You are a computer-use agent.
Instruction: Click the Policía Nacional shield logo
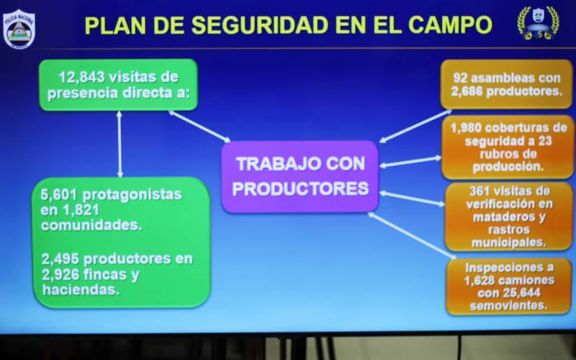[x=19, y=29]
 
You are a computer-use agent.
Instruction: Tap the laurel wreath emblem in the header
[x=538, y=23]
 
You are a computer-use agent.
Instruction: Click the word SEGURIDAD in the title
[x=260, y=25]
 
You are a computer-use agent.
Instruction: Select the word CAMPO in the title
[x=450, y=25]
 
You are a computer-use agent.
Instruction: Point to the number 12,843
[x=82, y=77]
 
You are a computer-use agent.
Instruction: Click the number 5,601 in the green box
[x=59, y=195]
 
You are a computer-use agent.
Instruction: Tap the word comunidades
[x=91, y=225]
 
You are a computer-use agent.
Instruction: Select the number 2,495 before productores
[x=60, y=259]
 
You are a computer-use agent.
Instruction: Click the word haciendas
[x=81, y=290]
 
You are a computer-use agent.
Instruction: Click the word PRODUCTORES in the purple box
[x=300, y=188]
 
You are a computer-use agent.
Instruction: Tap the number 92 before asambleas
[x=460, y=78]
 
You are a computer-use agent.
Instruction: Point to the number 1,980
[x=465, y=128]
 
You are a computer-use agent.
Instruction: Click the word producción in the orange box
[x=508, y=167]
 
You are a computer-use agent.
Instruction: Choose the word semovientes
[x=508, y=306]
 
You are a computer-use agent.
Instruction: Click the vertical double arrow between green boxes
[x=119, y=144]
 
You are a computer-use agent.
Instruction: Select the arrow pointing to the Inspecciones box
[x=412, y=236]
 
